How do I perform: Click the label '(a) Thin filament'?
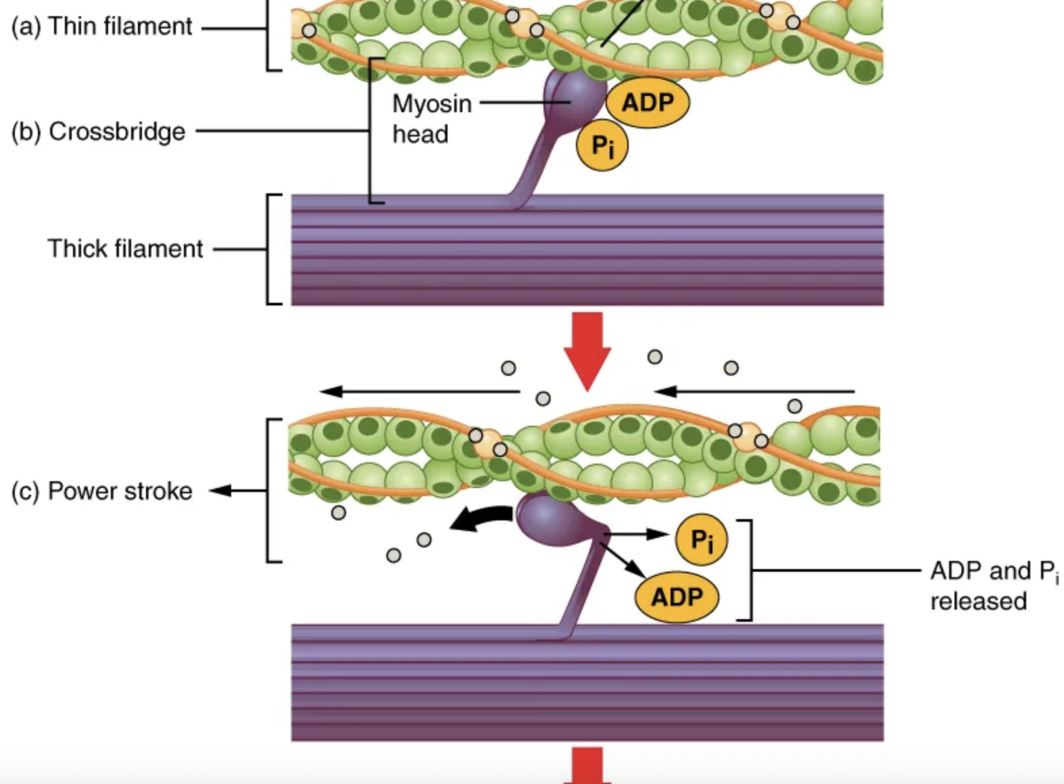101,27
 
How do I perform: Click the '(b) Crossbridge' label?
99,131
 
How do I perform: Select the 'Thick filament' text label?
125,249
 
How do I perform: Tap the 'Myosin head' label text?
431,119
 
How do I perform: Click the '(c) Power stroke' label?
102,491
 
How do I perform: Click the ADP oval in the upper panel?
648,103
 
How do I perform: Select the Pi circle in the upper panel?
602,145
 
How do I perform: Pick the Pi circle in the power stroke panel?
702,539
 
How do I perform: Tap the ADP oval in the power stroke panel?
677,597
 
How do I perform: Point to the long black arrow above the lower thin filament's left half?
419,391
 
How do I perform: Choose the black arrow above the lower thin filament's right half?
754,391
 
